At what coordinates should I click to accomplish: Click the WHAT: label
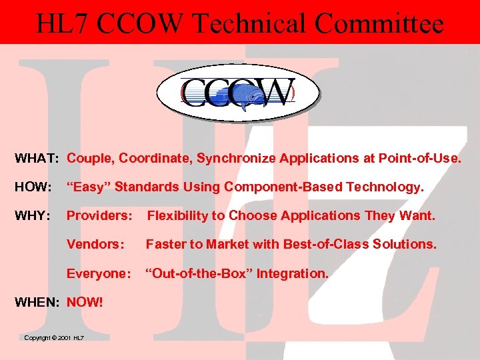pyautogui.click(x=39, y=159)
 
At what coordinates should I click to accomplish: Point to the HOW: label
pyautogui.click(x=34, y=188)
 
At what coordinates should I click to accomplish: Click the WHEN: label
pyautogui.click(x=39, y=302)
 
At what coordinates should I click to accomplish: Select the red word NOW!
pyautogui.click(x=85, y=302)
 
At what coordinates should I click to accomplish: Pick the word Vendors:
pyautogui.click(x=95, y=245)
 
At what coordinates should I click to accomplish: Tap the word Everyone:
pyautogui.click(x=99, y=273)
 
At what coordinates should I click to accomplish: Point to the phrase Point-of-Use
pyautogui.click(x=419, y=159)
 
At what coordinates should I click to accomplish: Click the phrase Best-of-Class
pyautogui.click(x=325, y=245)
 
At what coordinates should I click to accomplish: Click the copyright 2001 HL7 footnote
pyautogui.click(x=54, y=338)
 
